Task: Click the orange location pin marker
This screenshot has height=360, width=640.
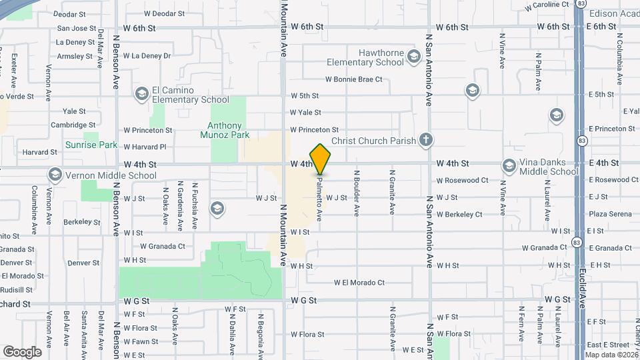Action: point(321,159)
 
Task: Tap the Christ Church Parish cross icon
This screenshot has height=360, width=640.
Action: point(426,140)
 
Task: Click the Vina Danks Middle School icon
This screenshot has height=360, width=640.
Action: point(509,165)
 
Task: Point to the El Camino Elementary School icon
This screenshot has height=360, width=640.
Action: point(141,94)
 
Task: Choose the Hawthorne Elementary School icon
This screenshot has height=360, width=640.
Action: point(414,57)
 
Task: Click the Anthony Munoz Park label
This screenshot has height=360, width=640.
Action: point(225,130)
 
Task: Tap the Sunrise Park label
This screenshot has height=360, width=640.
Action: point(91,145)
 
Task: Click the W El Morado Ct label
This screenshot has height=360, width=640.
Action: point(359,283)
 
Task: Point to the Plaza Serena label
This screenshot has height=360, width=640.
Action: point(609,214)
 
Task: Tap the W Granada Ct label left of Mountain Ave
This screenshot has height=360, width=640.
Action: point(162,246)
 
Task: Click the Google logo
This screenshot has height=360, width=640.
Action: point(23,351)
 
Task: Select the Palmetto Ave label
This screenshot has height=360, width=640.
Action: point(321,197)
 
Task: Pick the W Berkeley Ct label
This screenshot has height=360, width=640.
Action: point(459,215)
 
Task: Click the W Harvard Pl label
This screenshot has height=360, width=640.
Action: point(145,147)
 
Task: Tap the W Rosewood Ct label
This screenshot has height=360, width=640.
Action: point(462,181)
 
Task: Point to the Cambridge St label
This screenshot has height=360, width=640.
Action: point(73,125)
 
